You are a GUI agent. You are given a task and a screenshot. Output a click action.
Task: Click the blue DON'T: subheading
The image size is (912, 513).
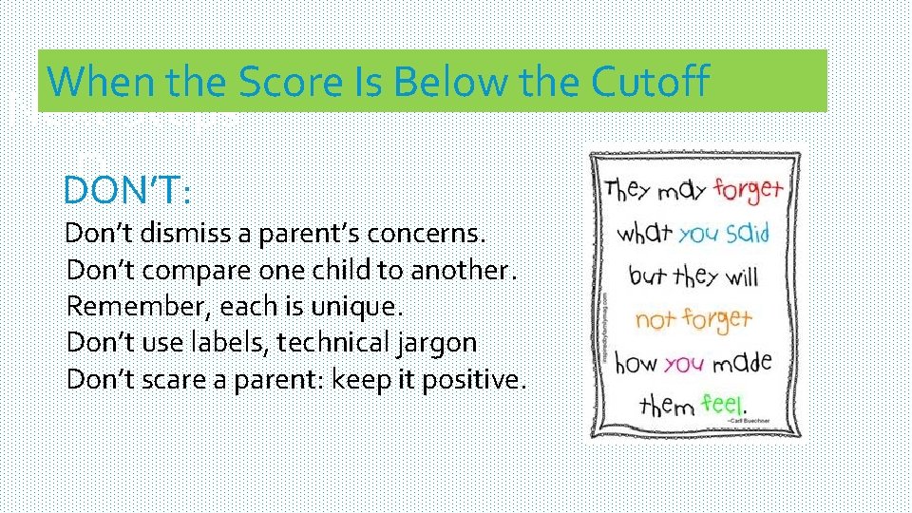click(x=127, y=190)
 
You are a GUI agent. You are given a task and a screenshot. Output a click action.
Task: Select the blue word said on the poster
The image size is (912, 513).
click(x=747, y=233)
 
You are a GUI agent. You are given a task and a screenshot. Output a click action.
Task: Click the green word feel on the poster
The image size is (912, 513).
click(x=724, y=404)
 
